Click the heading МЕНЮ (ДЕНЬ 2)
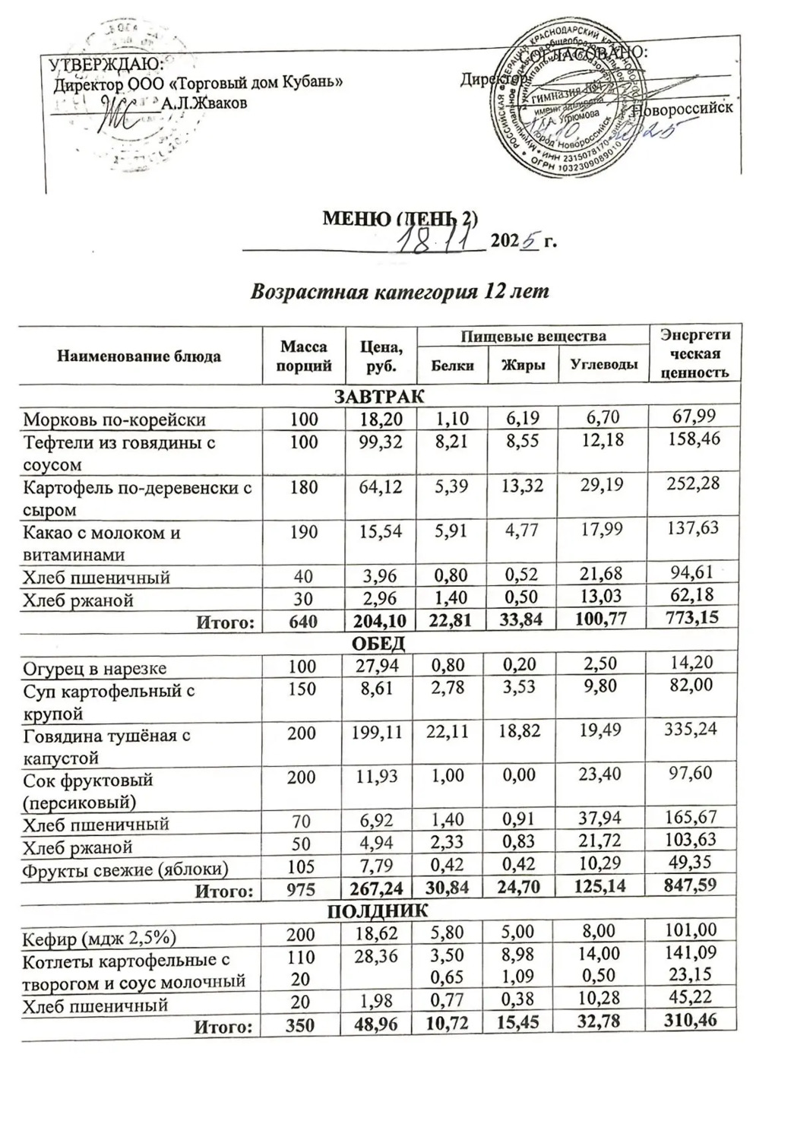(x=400, y=218)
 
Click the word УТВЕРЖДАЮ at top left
(x=101, y=64)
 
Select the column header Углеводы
(x=603, y=366)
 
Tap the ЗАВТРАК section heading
(x=379, y=396)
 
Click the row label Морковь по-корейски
(x=114, y=419)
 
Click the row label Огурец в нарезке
(x=95, y=668)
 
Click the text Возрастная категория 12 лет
(x=400, y=292)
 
